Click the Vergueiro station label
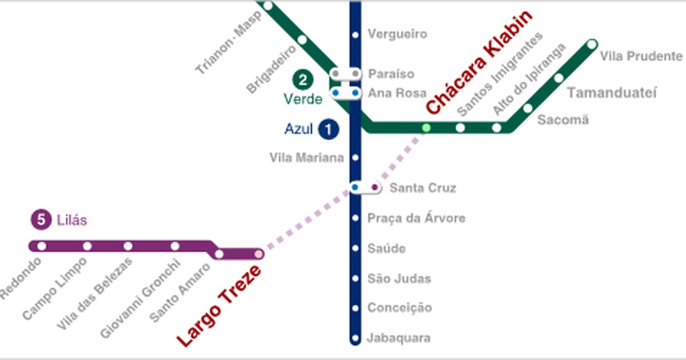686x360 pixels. [397, 34]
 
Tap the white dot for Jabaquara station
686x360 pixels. [355, 338]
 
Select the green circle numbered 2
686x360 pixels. [302, 79]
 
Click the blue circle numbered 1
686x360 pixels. [329, 129]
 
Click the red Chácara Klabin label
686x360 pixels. [479, 62]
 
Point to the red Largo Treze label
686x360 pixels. [219, 306]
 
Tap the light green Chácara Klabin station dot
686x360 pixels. [426, 127]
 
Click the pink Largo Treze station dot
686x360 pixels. [259, 254]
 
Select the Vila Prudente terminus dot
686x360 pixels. [592, 44]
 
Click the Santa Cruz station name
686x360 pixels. [422, 188]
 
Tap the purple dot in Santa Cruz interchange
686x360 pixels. [374, 187]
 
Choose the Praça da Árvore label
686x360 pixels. [416, 218]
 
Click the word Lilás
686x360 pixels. [71, 220]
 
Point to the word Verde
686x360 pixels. [303, 99]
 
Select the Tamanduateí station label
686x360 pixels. [612, 93]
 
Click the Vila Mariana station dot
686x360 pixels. [355, 158]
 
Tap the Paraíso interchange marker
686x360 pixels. [346, 74]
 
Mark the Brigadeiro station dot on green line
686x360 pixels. [302, 40]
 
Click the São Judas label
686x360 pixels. [399, 279]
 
